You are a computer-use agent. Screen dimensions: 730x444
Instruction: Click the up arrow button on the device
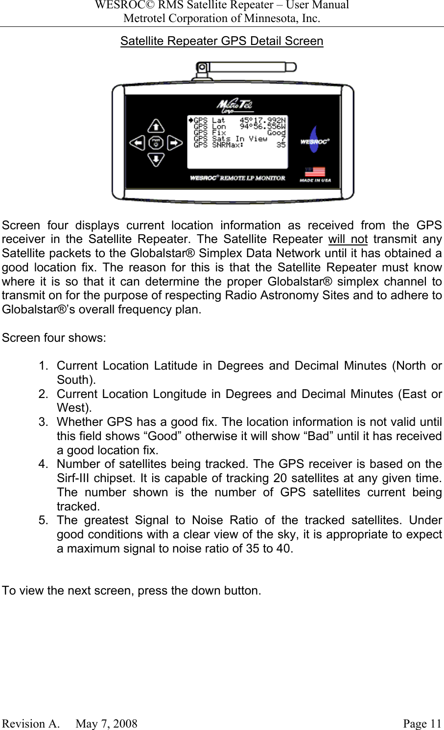156,127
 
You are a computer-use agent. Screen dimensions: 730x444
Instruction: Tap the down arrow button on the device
156,159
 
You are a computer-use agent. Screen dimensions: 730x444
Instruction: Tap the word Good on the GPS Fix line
276,133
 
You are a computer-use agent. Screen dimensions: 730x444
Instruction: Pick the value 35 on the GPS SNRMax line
281,145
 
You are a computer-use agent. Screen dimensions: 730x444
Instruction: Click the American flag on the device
315,172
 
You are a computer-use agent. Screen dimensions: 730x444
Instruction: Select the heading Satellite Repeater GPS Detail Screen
222,41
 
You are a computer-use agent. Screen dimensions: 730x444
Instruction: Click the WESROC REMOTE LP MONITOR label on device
237,178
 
